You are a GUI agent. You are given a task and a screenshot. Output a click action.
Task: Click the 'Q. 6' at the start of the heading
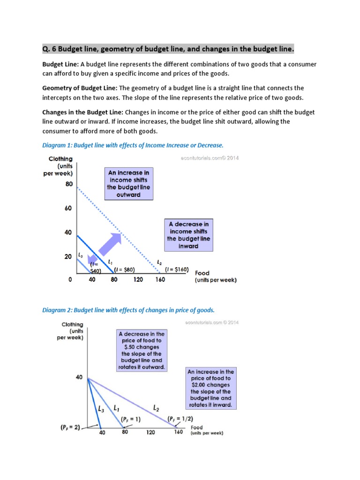click(49, 49)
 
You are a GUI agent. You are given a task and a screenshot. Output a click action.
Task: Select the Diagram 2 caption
click(128, 310)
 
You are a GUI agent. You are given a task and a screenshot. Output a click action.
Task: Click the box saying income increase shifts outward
click(129, 184)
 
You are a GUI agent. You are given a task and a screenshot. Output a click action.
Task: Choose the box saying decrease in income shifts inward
click(189, 235)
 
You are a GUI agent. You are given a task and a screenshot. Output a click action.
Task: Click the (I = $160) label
click(177, 270)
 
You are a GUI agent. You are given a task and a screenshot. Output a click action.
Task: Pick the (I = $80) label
click(125, 270)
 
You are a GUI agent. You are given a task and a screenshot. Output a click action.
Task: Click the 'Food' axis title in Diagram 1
click(202, 273)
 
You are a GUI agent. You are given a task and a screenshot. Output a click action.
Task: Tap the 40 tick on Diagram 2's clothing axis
click(79, 376)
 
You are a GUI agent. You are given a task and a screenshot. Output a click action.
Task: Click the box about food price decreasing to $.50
click(141, 350)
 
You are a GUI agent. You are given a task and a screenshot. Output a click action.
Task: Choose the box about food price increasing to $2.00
click(210, 388)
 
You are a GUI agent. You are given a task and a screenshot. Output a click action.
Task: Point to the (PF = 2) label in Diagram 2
click(70, 427)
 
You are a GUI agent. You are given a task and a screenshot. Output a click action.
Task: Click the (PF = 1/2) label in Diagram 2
click(180, 419)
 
